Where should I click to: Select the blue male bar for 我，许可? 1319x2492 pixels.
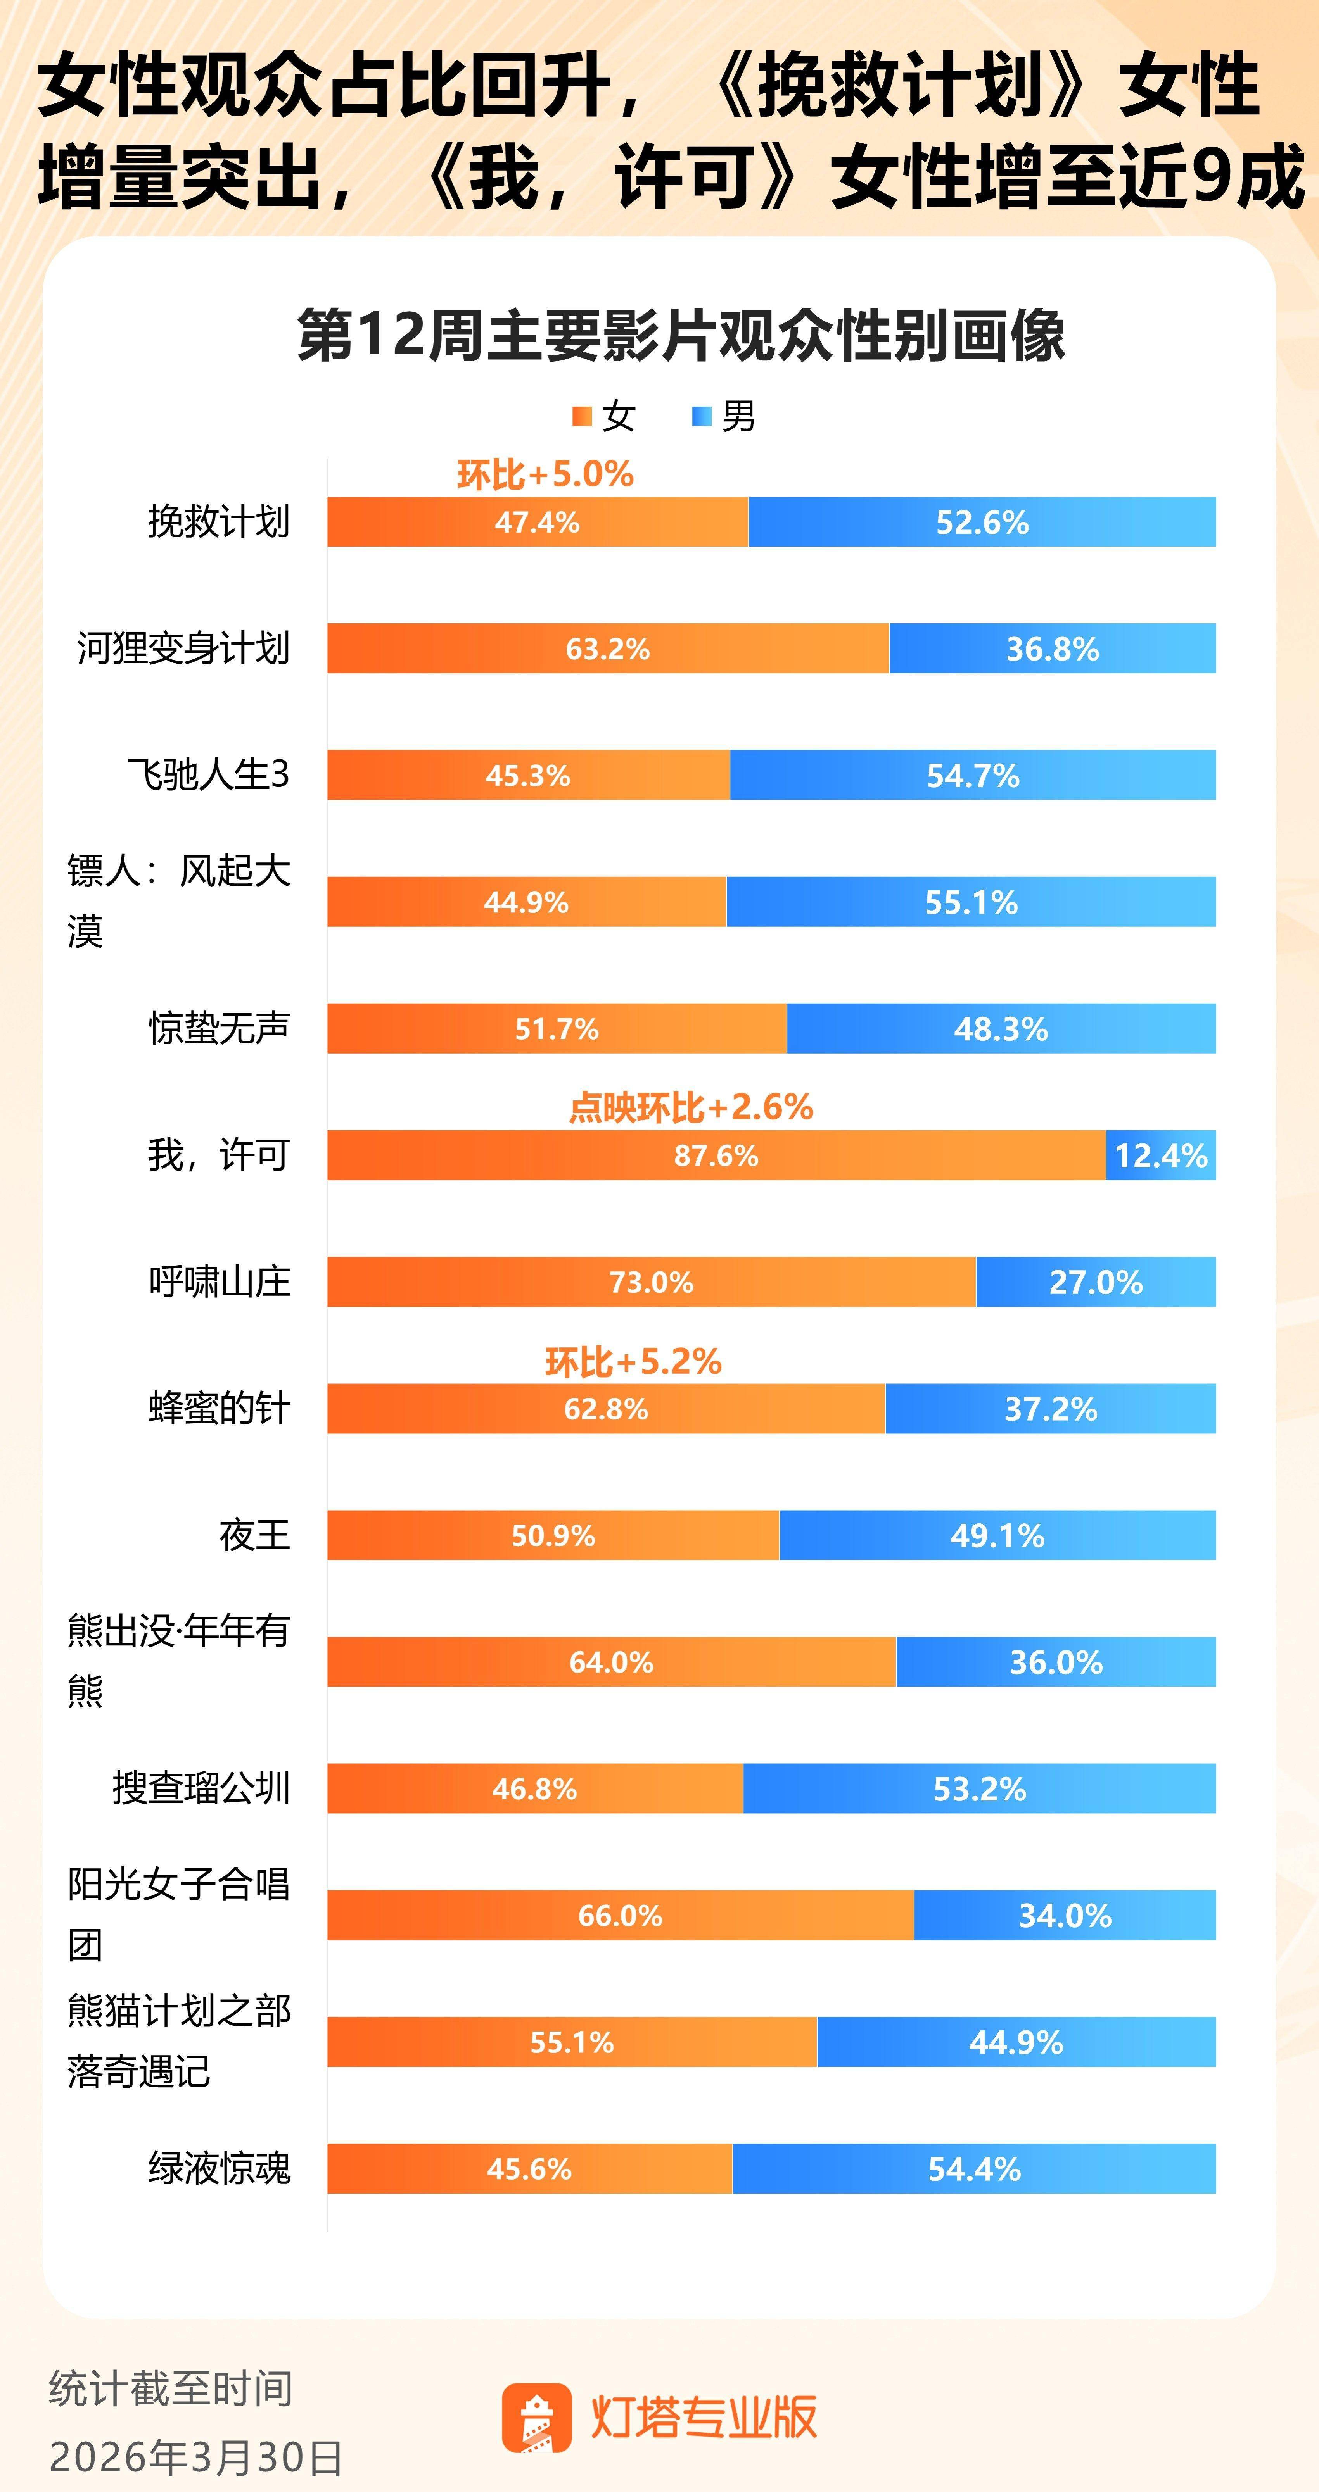click(1160, 1155)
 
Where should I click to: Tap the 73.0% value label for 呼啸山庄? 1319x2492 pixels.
click(651, 1283)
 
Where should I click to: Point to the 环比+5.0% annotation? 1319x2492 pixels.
click(545, 474)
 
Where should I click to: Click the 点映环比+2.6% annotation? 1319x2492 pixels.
click(690, 1107)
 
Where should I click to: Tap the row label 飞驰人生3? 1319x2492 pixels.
click(208, 775)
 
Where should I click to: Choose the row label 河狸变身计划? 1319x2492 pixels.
click(183, 648)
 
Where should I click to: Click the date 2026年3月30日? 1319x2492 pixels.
click(195, 2457)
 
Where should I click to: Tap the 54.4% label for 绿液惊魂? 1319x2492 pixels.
click(975, 2169)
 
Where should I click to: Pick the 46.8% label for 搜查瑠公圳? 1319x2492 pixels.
click(534, 1789)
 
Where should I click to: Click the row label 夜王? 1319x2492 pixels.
click(254, 1535)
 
